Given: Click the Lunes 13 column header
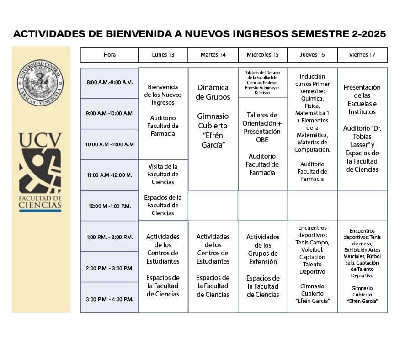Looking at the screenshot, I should click(x=163, y=55).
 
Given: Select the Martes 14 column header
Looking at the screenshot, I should click(x=213, y=55).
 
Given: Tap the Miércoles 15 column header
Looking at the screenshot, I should click(x=263, y=55).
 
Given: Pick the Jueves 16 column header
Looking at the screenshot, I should click(x=312, y=55).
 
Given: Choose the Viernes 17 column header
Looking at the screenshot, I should click(x=362, y=55).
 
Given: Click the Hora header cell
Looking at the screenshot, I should click(x=110, y=55).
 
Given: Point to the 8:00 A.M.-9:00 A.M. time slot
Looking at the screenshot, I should click(x=110, y=83).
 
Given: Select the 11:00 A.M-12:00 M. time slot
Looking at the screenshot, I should click(x=110, y=175).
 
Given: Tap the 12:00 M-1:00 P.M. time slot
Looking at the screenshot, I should click(x=110, y=206).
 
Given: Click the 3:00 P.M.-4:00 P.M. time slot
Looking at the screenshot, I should click(x=110, y=299).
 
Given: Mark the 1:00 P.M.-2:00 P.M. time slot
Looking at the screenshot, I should click(x=110, y=237).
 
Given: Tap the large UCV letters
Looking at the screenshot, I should click(x=40, y=141).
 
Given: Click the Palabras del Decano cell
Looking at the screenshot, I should click(x=262, y=82).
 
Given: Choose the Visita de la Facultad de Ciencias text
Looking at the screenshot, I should click(x=163, y=174).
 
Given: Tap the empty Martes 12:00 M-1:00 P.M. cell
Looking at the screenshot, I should click(x=213, y=206).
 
